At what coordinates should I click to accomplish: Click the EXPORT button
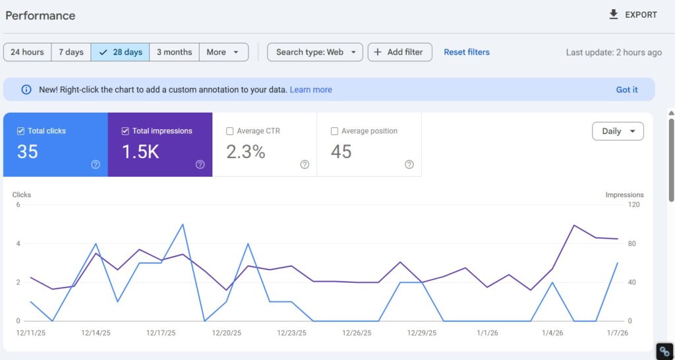633,15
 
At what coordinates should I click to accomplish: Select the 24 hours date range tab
27,52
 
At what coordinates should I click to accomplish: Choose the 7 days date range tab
71,52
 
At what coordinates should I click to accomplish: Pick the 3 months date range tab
174,52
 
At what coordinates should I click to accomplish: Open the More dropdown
223,52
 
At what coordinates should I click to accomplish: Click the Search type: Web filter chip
314,52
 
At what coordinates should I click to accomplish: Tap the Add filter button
399,52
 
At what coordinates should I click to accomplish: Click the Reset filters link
467,52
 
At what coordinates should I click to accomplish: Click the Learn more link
310,90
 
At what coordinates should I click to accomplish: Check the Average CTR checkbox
230,131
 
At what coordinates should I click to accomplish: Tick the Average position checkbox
335,131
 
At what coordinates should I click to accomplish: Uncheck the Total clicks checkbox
21,131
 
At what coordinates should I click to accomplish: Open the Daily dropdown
618,131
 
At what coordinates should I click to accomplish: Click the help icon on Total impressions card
200,165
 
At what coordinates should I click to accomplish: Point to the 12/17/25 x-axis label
161,333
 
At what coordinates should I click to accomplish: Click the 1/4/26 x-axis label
552,333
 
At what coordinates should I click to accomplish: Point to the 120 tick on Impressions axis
633,205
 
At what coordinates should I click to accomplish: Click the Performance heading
40,15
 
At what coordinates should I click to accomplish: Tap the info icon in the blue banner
26,90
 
